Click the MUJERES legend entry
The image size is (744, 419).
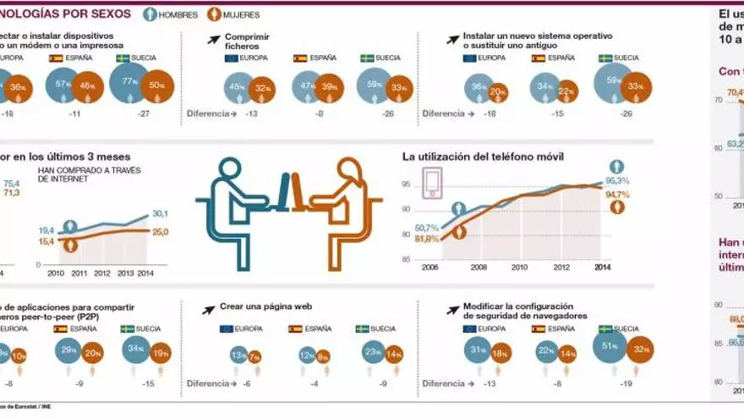(236, 14)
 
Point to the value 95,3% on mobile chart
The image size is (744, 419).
(618, 180)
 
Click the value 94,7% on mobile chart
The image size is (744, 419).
(618, 194)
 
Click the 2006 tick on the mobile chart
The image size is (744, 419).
(430, 267)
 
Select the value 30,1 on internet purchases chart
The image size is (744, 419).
(160, 214)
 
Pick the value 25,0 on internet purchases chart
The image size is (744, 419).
(160, 232)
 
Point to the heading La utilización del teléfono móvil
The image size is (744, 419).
(483, 157)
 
